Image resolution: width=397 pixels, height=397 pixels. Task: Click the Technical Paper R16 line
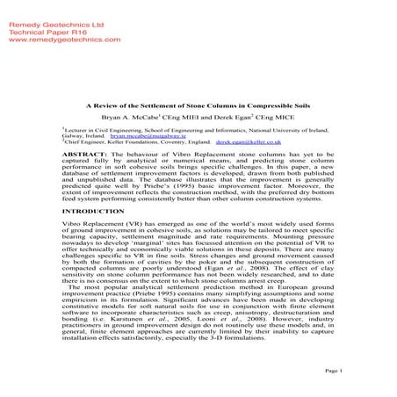pos(40,16)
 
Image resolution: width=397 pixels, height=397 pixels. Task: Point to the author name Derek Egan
pos(227,116)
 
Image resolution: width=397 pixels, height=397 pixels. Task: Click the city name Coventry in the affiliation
pos(183,143)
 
